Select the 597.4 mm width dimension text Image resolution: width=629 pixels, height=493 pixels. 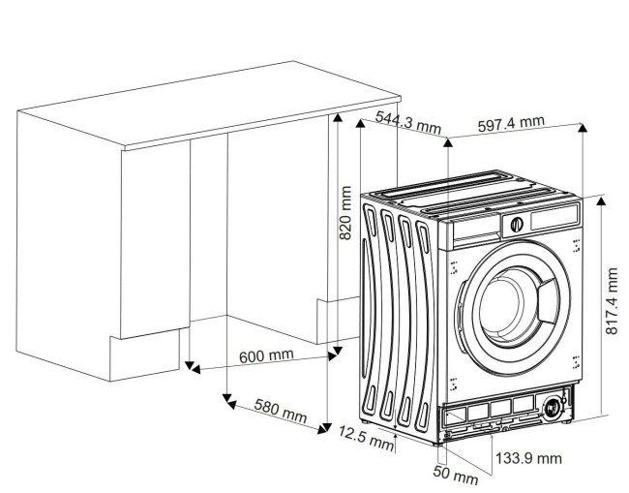point(511,125)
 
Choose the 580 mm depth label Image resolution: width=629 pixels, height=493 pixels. point(280,412)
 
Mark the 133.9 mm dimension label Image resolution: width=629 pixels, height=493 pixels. point(528,457)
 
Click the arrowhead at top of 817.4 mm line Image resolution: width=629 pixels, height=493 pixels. point(600,200)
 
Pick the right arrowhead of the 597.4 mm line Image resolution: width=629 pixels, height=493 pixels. point(583,128)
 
